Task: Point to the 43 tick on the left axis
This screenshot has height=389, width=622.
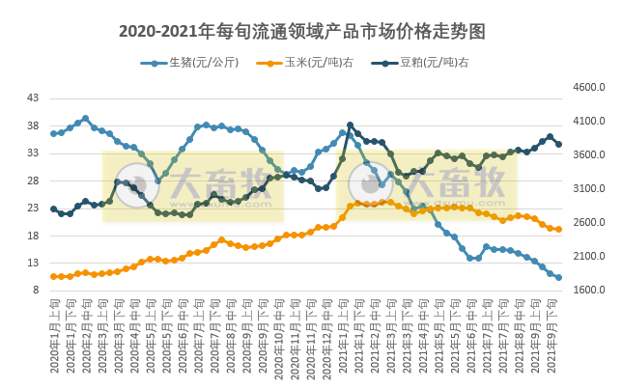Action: tap(33, 98)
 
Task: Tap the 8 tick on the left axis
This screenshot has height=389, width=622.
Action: tap(36, 291)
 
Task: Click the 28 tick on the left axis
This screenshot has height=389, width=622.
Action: tap(33, 181)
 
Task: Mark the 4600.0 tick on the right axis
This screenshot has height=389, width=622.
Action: tap(589, 88)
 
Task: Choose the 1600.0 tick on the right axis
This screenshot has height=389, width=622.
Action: tap(589, 291)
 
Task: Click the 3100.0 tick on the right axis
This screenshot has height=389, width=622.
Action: tap(589, 189)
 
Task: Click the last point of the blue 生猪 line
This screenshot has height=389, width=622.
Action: tap(558, 277)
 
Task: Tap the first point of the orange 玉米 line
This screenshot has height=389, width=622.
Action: tap(54, 276)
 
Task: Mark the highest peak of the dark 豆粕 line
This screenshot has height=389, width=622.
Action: tap(350, 125)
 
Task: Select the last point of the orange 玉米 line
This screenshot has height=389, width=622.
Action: tap(558, 229)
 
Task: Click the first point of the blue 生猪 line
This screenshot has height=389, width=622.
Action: tap(54, 133)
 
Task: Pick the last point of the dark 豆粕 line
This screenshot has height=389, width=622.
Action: tap(558, 144)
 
